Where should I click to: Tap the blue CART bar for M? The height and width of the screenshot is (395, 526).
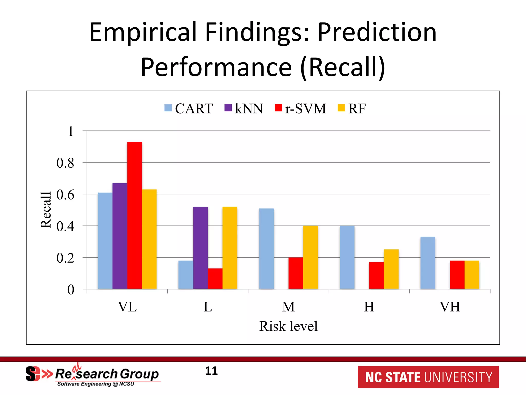(x=267, y=249)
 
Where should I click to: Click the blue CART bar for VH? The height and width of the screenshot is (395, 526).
(x=428, y=263)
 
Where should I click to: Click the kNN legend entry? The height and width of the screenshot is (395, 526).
(x=244, y=109)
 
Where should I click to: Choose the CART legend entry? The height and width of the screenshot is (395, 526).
(x=189, y=109)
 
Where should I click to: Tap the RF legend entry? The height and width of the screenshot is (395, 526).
(x=352, y=109)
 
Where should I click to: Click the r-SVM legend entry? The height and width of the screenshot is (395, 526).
(x=300, y=109)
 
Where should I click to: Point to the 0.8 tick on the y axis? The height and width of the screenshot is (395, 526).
(x=65, y=163)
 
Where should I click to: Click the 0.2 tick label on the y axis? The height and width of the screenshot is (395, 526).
(x=65, y=258)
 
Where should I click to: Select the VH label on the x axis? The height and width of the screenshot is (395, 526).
(x=450, y=307)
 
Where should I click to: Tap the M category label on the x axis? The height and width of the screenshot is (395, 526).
(x=288, y=307)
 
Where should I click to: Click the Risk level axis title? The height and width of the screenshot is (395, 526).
(x=288, y=326)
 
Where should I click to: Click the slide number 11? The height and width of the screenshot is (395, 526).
(x=211, y=371)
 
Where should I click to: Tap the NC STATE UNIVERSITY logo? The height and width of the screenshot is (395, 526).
(x=428, y=377)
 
